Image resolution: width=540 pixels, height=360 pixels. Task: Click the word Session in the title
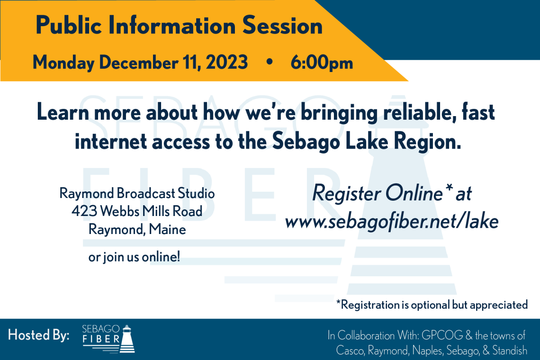[x=282, y=25]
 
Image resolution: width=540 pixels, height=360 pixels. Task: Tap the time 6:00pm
[x=322, y=63]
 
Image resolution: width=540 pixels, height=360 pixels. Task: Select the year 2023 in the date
[x=227, y=62]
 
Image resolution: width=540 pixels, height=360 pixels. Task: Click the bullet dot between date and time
[x=269, y=62]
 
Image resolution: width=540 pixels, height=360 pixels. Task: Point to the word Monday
[x=63, y=63]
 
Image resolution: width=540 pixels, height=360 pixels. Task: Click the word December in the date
[x=139, y=62]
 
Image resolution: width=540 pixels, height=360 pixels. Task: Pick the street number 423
[x=84, y=211]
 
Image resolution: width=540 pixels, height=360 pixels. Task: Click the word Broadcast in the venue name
[x=146, y=193]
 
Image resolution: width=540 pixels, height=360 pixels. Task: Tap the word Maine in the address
[x=167, y=229]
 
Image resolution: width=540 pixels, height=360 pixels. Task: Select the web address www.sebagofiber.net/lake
[x=392, y=221]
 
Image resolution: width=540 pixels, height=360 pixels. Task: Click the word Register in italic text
[x=346, y=193]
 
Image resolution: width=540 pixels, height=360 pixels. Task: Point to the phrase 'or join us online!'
[x=134, y=257]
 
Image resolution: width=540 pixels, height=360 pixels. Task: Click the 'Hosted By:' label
[x=39, y=335]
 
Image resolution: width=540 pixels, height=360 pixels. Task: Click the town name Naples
[x=427, y=351]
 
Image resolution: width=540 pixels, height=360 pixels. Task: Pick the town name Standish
[x=509, y=350]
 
